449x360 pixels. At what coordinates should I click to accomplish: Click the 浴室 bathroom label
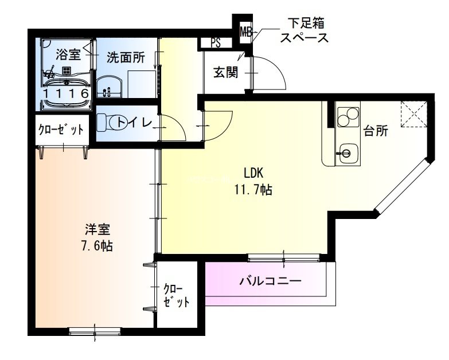(x=68, y=55)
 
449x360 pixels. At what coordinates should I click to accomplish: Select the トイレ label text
(x=134, y=122)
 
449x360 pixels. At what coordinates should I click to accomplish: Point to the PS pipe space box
(x=216, y=42)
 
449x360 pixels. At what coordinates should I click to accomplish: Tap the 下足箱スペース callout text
(x=303, y=32)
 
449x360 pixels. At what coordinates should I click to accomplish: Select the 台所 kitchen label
(x=376, y=131)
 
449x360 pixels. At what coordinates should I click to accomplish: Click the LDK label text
(x=253, y=173)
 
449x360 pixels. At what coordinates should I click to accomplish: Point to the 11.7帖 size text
(x=252, y=190)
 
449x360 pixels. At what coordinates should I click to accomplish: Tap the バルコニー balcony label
(x=270, y=281)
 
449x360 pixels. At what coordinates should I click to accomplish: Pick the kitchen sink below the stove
(x=346, y=152)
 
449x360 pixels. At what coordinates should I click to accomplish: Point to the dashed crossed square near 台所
(x=413, y=113)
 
